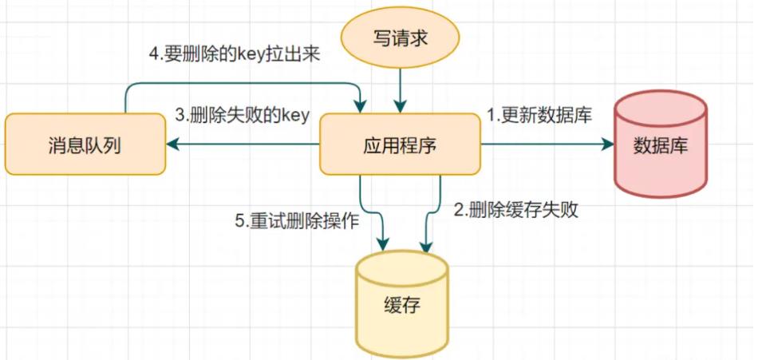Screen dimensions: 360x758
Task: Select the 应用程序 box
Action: pos(401,144)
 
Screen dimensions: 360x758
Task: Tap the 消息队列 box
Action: pos(84,144)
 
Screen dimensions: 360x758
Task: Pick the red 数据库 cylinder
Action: pos(660,144)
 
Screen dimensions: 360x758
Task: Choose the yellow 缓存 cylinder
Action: pos(401,303)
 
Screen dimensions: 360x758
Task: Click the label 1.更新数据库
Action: pos(539,114)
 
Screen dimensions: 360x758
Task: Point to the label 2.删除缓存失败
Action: pos(515,210)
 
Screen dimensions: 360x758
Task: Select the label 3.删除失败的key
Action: pos(242,114)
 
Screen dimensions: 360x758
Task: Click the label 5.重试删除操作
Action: pos(297,222)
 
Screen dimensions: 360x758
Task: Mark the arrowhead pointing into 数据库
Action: pos(608,144)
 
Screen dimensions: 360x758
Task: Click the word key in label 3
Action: pos(294,115)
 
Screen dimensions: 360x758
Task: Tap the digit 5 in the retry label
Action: pos(239,222)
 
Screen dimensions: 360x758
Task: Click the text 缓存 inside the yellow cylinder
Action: pos(401,306)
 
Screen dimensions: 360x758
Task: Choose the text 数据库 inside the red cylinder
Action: pos(660,146)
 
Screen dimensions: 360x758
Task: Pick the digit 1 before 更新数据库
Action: pos(492,114)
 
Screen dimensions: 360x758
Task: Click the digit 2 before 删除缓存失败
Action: pos(458,210)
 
